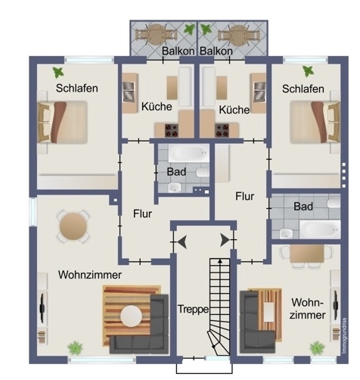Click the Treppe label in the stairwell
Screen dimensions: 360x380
click(x=194, y=310)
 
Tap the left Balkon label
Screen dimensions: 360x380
click(x=178, y=51)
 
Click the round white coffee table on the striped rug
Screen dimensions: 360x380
click(x=131, y=316)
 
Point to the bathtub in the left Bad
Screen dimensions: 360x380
click(x=188, y=153)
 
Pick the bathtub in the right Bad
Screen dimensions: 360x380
click(x=320, y=229)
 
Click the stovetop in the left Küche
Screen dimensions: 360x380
click(x=172, y=130)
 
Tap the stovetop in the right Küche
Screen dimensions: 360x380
click(x=222, y=130)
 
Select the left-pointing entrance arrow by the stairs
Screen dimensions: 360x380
click(x=182, y=241)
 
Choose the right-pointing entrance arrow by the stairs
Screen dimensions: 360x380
click(x=225, y=240)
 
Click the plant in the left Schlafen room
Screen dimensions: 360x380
click(x=58, y=73)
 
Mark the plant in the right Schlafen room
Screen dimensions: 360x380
click(x=308, y=71)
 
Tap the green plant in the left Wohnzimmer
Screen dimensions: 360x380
click(x=75, y=348)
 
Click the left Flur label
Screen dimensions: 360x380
click(x=142, y=214)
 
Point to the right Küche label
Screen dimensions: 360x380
click(x=234, y=110)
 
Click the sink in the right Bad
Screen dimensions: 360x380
click(x=287, y=233)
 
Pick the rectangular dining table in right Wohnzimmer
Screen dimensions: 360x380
click(x=307, y=254)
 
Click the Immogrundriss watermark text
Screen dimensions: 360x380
click(x=345, y=335)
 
